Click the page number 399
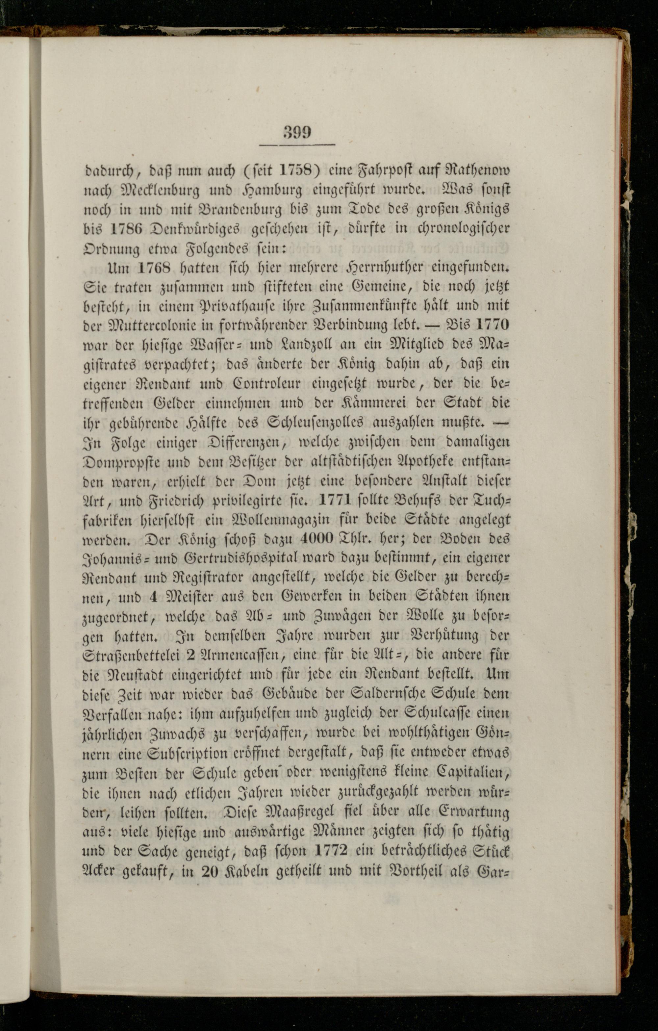click(x=297, y=132)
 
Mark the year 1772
click(x=330, y=850)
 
